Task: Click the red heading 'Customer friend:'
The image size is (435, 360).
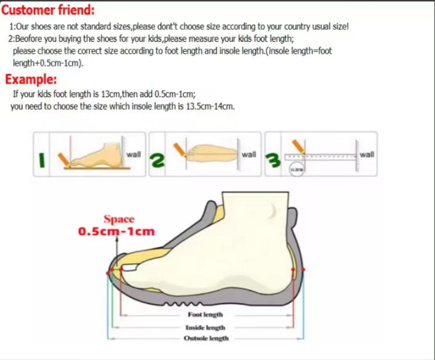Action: [48, 10]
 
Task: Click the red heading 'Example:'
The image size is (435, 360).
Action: [31, 79]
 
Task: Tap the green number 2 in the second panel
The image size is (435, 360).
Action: [158, 160]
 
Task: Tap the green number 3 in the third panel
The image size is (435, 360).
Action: [273, 160]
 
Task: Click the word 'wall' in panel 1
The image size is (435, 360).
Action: [133, 154]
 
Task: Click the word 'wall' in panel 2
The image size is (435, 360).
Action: [249, 154]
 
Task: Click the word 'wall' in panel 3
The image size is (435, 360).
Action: [367, 154]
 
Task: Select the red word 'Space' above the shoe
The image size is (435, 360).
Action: [119, 219]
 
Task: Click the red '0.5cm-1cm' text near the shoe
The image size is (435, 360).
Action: [117, 231]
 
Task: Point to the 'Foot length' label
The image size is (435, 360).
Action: [205, 315]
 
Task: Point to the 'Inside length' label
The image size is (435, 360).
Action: [205, 327]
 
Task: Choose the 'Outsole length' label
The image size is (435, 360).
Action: [206, 338]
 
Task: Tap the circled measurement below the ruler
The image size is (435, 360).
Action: [297, 169]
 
